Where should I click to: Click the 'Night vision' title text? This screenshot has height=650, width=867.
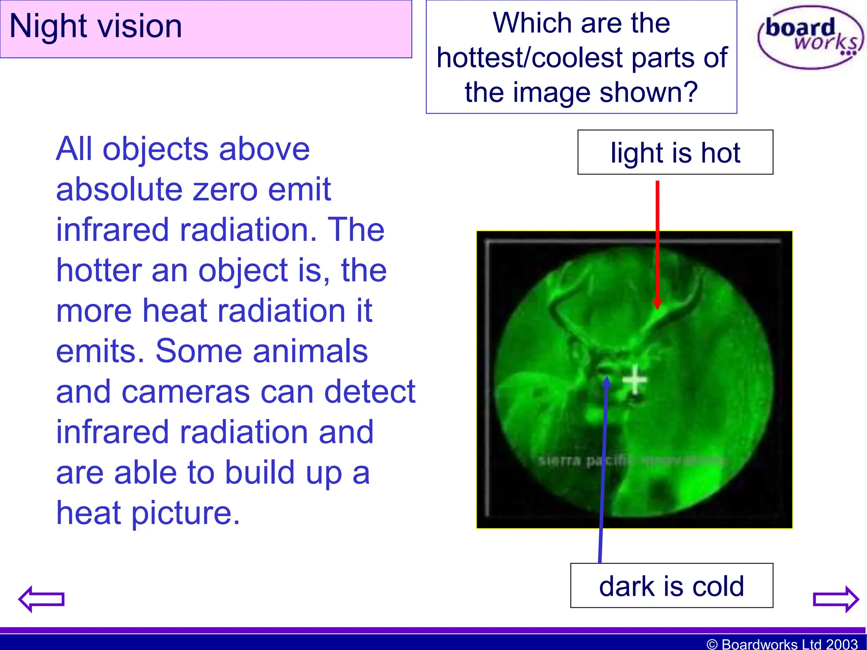click(96, 26)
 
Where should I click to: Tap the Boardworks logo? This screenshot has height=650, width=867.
click(810, 37)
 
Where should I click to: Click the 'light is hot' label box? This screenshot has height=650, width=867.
click(675, 152)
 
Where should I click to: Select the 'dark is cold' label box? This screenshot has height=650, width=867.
click(671, 586)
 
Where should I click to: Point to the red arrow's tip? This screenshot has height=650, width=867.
click(657, 308)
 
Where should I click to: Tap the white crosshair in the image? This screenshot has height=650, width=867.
click(635, 380)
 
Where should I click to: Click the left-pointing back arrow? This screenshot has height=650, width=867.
click(41, 599)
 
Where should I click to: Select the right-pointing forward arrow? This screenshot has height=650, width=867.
click(836, 599)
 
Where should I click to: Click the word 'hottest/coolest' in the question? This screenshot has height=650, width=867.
click(529, 58)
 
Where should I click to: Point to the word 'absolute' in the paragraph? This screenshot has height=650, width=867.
click(119, 189)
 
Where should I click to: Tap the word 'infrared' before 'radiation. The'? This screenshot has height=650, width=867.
click(113, 229)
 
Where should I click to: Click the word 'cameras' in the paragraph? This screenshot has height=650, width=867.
click(186, 391)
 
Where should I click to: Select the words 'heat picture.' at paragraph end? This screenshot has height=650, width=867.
click(148, 513)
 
